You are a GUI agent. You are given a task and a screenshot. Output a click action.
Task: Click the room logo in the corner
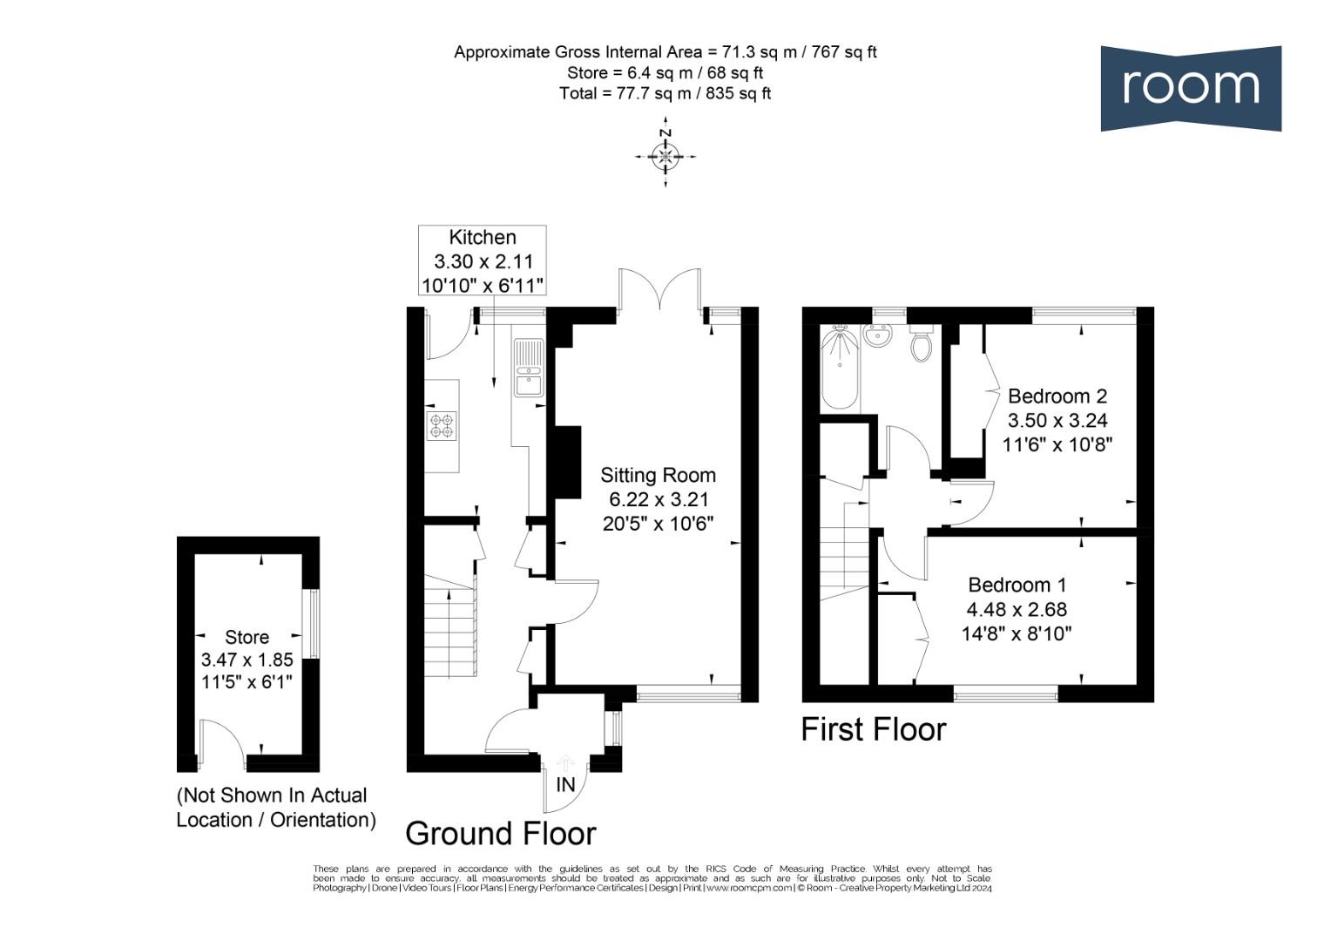tap(1190, 88)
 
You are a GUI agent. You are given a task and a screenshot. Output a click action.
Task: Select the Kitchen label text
tap(482, 237)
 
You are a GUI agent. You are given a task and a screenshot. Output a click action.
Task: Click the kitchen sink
tap(528, 368)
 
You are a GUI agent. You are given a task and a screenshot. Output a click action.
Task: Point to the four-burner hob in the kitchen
tap(442, 426)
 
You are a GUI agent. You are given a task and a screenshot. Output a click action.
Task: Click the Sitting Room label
tap(658, 476)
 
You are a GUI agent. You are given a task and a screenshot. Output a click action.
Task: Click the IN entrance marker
tap(565, 784)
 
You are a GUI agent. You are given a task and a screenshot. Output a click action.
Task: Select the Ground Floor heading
tap(500, 834)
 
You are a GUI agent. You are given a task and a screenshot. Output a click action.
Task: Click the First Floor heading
tap(873, 729)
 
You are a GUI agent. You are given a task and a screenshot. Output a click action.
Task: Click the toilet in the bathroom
tap(921, 345)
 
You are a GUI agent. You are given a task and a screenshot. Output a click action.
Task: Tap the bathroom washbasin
tap(876, 335)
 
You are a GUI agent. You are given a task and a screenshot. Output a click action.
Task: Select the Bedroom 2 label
tap(1057, 396)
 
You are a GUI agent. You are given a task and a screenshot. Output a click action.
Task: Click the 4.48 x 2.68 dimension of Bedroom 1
tap(1016, 610)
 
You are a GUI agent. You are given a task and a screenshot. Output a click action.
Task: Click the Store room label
tap(247, 637)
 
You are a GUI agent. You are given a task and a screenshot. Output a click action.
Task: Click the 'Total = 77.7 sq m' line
tap(665, 93)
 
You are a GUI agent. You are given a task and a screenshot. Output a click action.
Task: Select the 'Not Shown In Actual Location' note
tap(275, 808)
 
